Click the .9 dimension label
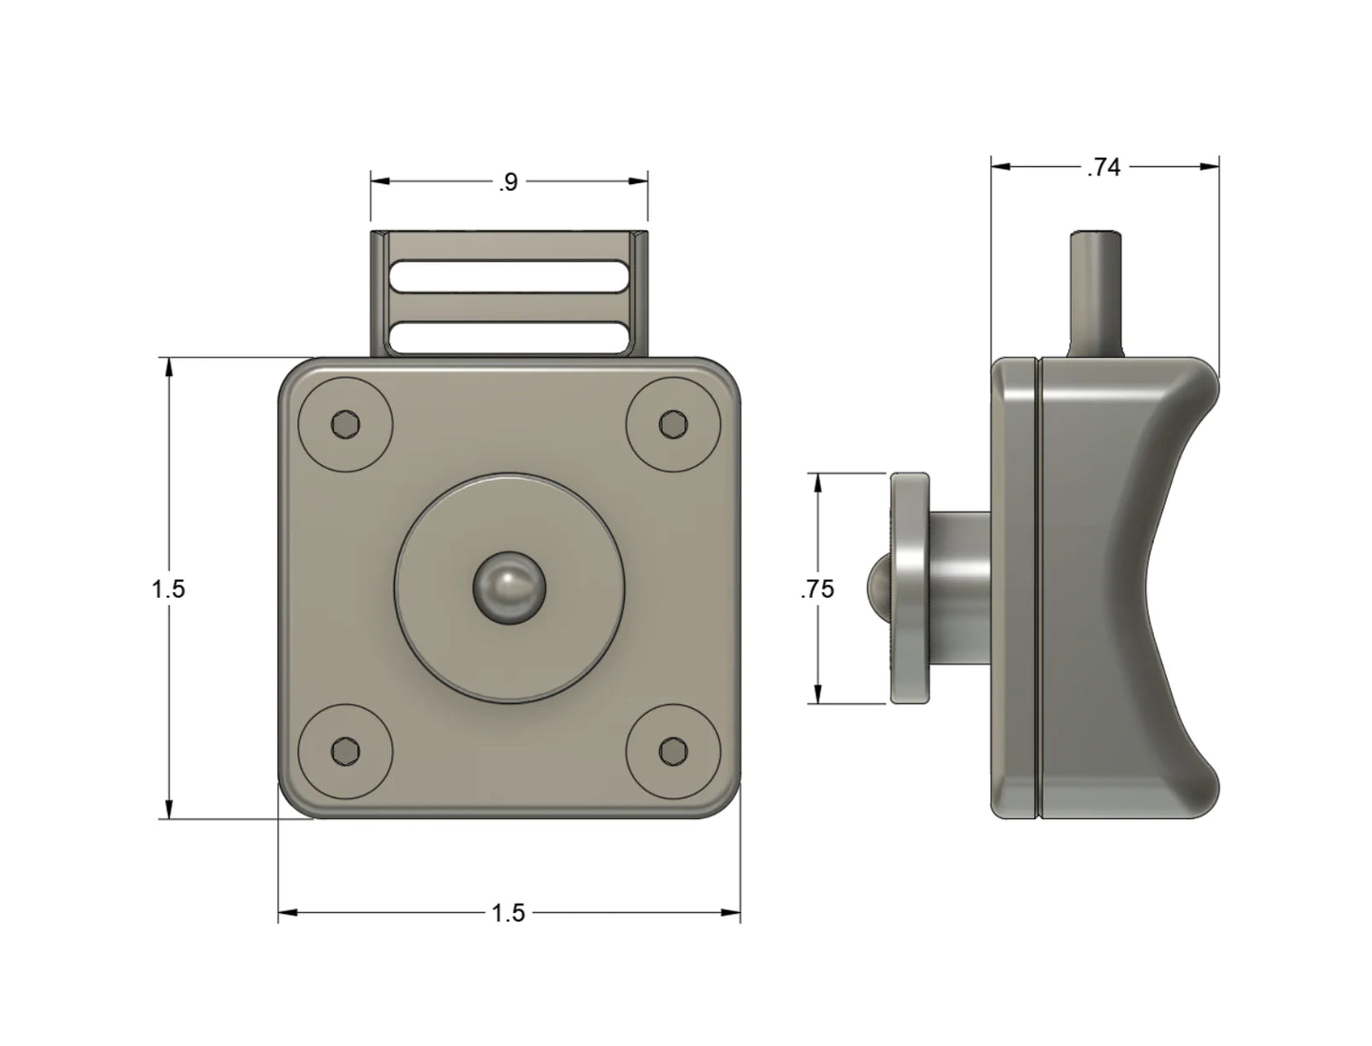click(508, 183)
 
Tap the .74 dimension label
click(1103, 168)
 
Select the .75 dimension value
click(818, 589)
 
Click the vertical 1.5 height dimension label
click(168, 589)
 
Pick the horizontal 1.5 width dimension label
click(508, 913)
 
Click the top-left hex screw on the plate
click(345, 423)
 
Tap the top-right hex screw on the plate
click(673, 423)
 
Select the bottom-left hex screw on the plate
click(345, 752)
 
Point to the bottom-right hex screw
click(673, 752)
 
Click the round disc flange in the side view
click(910, 588)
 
